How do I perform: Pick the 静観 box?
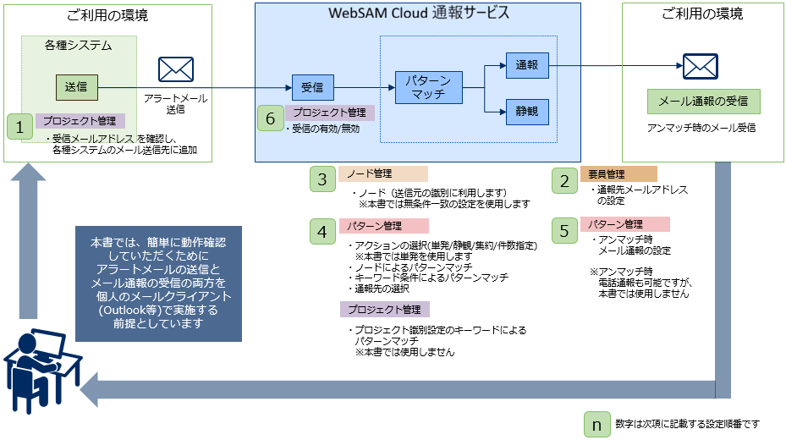click(x=527, y=111)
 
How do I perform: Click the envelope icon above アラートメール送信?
click(x=176, y=69)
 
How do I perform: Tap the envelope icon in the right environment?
click(x=701, y=66)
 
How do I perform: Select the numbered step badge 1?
click(x=19, y=127)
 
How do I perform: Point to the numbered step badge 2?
click(x=563, y=179)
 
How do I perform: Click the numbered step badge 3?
click(x=322, y=179)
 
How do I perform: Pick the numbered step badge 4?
click(x=322, y=231)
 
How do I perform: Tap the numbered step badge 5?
click(x=563, y=231)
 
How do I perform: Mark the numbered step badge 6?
click(x=270, y=119)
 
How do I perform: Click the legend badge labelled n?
click(x=597, y=424)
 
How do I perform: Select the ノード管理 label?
click(x=383, y=174)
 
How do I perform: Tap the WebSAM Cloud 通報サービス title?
click(x=418, y=14)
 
